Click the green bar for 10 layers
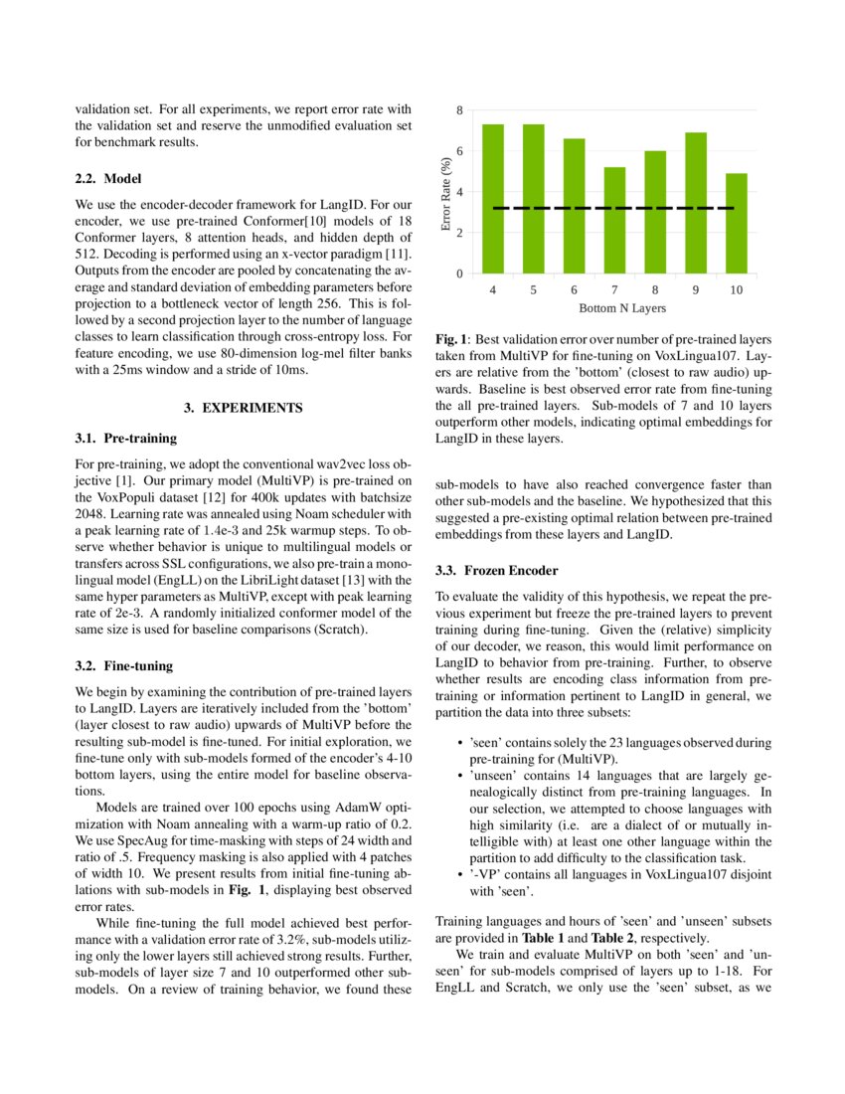click(736, 223)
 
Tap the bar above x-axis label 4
click(493, 199)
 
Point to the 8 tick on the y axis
click(459, 110)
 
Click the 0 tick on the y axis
click(459, 273)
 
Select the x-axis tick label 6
click(575, 289)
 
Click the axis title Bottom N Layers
click(614, 308)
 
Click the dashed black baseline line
click(614, 208)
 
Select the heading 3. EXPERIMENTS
click(244, 408)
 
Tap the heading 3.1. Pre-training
click(125, 437)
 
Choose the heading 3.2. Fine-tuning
click(124, 664)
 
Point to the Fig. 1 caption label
click(452, 339)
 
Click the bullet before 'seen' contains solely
click(459, 743)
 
